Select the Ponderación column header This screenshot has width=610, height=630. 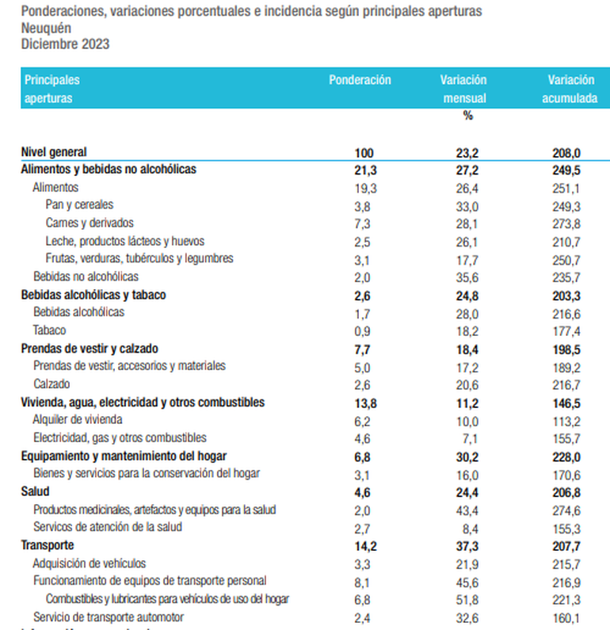(360, 80)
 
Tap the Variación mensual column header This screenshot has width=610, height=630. (463, 89)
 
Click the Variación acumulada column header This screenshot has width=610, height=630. (570, 89)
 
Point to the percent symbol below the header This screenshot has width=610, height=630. (467, 116)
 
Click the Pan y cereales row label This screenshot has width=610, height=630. (79, 204)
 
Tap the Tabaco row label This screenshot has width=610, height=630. (49, 330)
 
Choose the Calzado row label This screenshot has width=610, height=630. (51, 384)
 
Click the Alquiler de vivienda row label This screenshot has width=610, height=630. (78, 419)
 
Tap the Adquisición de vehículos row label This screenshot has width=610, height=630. (90, 563)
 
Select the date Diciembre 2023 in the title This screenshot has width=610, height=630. (65, 44)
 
